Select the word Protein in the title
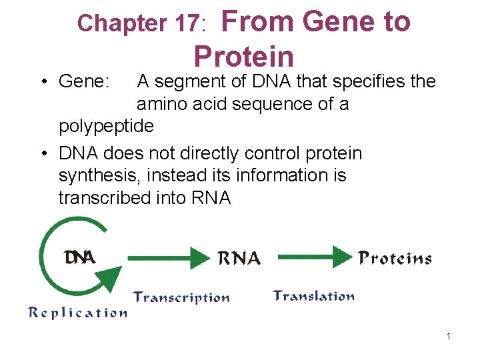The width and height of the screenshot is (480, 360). [x=243, y=57]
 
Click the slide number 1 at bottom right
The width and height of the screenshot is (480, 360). [x=449, y=336]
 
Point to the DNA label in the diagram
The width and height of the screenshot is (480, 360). [x=80, y=257]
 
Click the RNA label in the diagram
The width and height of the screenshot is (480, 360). [x=239, y=257]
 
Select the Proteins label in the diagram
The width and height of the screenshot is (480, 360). [x=395, y=258]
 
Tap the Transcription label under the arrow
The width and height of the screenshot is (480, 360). [x=181, y=297]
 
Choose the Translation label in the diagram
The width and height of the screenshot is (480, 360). [x=313, y=296]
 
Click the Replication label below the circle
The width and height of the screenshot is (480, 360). [x=77, y=313]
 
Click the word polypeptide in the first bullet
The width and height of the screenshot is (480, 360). [x=107, y=126]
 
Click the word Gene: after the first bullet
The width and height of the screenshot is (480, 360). [x=84, y=82]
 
